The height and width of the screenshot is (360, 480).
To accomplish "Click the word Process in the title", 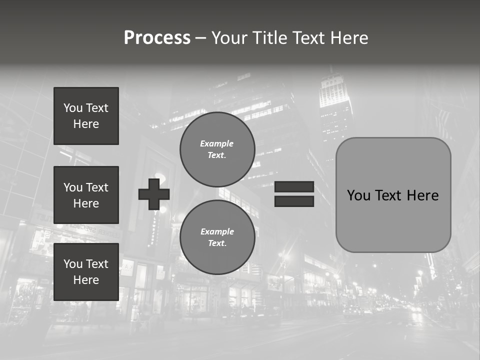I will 157,38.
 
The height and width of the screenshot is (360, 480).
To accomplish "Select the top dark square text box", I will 86,116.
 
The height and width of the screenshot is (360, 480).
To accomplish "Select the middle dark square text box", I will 86,195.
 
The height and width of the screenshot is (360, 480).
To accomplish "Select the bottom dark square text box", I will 86,272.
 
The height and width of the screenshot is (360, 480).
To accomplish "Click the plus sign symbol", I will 154,194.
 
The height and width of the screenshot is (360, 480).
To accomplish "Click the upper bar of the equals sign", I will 294,186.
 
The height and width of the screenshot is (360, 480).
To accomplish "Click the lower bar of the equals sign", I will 294,201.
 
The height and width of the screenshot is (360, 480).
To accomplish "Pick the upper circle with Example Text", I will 217,149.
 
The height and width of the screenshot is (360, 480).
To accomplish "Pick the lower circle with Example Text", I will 217,237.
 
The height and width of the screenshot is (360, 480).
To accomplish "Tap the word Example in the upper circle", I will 217,143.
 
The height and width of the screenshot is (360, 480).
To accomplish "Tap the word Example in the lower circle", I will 217,231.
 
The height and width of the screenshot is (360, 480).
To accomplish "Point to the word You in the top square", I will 72,108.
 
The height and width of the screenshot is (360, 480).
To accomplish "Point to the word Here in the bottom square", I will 86,280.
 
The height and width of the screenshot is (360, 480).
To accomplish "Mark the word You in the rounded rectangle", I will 358,195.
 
